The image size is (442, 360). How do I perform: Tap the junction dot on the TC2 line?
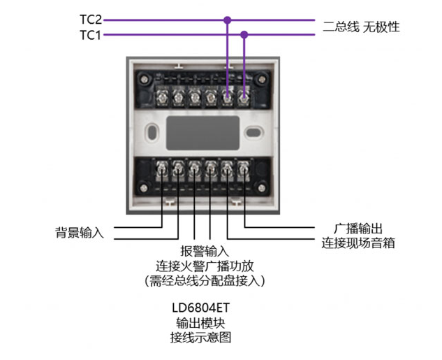pos(227,20)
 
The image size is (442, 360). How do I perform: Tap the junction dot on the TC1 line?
pos(244,34)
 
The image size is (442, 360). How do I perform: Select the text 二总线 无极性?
pos(360,27)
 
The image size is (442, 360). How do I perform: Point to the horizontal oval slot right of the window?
pos(253,130)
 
